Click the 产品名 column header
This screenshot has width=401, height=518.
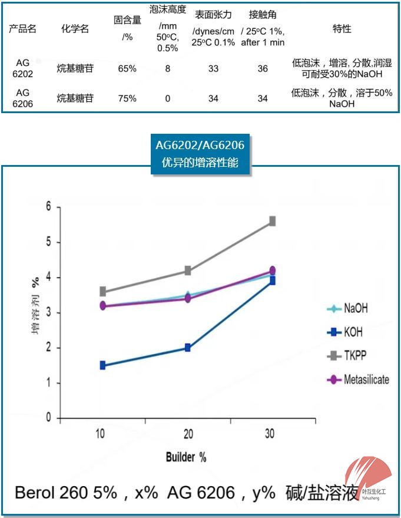pos(23,29)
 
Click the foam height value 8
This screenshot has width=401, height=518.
pos(168,68)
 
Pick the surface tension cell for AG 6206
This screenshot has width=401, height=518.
pos(213,98)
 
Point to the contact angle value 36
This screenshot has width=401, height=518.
pos(263,68)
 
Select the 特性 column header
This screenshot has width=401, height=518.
pos(342,29)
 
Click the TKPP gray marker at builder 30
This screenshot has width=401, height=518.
pos(272,221)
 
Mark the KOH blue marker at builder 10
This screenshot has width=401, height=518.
pos(102,365)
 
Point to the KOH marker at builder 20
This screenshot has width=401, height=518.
pos(187,348)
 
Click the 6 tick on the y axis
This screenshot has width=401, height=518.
pos(49,207)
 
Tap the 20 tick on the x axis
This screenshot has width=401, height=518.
pos(187,434)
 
